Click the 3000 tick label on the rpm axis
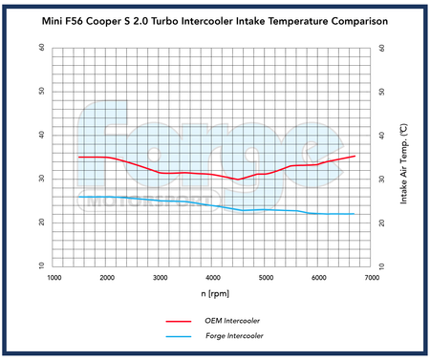[x=161, y=277]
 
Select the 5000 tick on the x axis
[x=267, y=277]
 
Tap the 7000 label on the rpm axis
[x=373, y=277]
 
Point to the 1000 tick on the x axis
[x=54, y=277]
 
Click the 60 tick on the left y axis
[x=40, y=47]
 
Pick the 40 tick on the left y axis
[x=40, y=135]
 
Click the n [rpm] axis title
[x=214, y=294]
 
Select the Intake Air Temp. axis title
[x=405, y=156]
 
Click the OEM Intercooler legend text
[x=233, y=322]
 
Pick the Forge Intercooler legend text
[x=234, y=336]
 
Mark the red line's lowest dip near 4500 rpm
[x=239, y=180]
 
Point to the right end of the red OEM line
[x=355, y=156]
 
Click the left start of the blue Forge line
[x=79, y=197]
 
